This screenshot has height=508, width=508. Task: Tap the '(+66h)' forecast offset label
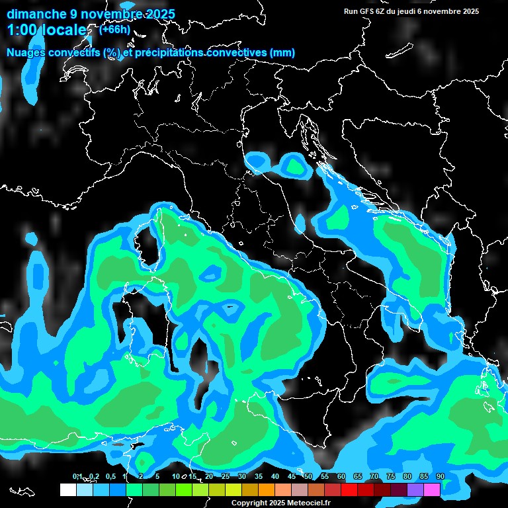point(114,29)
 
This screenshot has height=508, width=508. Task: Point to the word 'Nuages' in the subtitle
point(27,53)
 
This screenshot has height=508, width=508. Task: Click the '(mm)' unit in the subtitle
point(281,53)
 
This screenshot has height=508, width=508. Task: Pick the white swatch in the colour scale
point(67,489)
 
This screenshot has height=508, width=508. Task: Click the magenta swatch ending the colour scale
point(432,489)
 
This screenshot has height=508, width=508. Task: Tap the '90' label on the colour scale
point(440,476)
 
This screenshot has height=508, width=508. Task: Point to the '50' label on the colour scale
point(308,476)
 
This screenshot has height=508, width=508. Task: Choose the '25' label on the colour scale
point(226,476)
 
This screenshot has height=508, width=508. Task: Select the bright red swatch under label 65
point(349,489)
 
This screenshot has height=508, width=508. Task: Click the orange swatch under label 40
point(267,489)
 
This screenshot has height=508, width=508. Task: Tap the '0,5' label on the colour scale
point(110,476)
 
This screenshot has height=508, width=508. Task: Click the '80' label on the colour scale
point(407,476)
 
